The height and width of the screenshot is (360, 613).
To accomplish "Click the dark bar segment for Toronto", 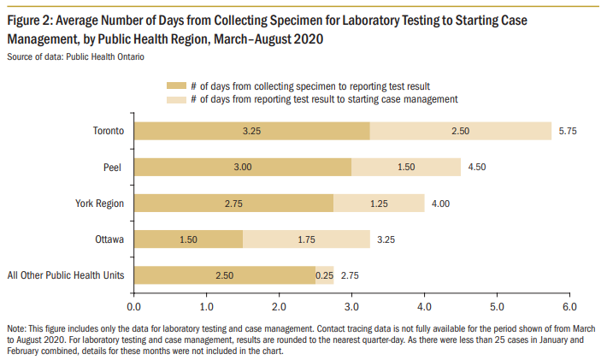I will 252,131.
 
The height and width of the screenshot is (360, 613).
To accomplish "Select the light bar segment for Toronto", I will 461,131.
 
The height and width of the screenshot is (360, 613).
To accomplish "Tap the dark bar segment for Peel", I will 243,167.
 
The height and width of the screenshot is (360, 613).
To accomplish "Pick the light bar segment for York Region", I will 379,203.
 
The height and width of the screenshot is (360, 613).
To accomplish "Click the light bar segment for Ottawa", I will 306,239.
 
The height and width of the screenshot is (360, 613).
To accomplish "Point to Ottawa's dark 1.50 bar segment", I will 189,239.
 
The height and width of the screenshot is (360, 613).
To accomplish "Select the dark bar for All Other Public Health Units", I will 225,274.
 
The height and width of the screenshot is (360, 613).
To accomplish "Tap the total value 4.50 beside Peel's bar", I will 478,167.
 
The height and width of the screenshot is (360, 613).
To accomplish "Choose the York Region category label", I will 100,203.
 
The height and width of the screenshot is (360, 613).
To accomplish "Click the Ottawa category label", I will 109,239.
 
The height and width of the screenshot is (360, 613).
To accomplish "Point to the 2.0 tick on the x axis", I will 280,304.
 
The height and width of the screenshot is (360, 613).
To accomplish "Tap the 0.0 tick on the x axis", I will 134,304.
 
